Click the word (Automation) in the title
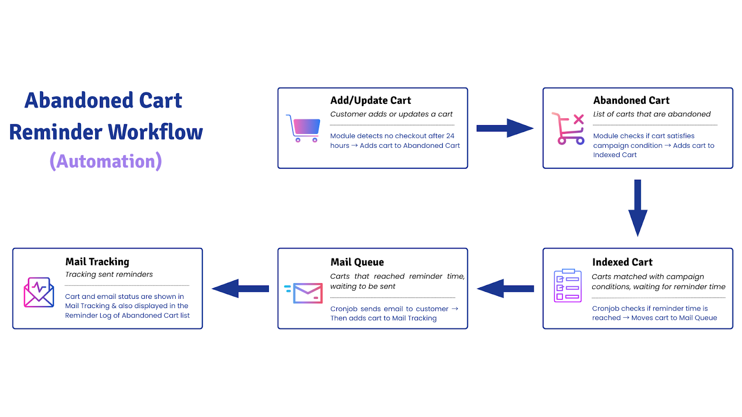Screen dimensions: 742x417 106,161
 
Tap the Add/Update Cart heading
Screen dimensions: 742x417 371,100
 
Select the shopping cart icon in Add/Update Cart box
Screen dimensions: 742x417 303,128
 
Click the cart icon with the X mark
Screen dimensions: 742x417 568,129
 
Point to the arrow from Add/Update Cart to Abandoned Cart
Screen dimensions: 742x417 505,128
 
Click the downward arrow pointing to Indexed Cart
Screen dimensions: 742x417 638,208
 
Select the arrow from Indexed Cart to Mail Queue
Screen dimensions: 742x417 505,289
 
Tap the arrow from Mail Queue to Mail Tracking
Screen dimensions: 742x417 240,289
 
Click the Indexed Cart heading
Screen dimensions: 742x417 622,262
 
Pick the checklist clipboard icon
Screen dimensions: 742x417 568,285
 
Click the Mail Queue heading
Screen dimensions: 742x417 357,262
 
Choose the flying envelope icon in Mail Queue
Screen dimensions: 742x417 303,293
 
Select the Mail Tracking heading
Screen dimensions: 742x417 97,262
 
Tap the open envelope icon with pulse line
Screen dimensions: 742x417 39,292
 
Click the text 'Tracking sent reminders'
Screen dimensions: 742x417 109,274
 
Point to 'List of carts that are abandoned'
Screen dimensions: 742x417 652,114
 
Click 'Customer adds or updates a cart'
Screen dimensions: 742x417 391,114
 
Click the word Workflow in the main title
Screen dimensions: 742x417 155,132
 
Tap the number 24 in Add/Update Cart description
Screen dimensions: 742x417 450,136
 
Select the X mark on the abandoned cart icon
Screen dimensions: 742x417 578,119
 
